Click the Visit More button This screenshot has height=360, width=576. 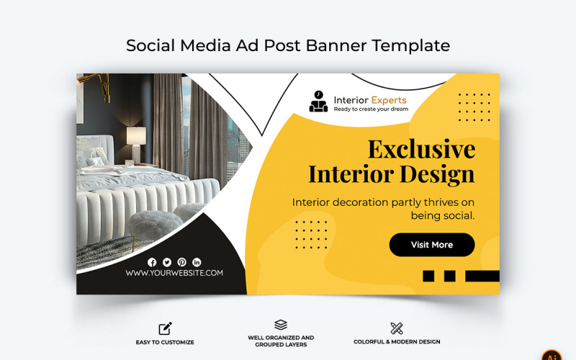coord(432,245)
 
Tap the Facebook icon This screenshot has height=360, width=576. coord(152,262)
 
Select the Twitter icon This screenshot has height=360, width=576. coord(167,262)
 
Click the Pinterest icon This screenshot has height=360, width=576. coord(181,262)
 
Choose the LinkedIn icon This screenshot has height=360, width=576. coord(197,262)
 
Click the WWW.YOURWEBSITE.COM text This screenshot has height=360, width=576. coord(174,273)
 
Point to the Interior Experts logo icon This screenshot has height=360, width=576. coord(318,101)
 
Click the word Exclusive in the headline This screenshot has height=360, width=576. coord(421,149)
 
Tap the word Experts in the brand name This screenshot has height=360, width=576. coord(389,99)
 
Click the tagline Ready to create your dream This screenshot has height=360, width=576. coord(371,109)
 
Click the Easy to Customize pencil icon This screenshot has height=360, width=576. coord(166,328)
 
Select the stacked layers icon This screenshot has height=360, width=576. coord(281,325)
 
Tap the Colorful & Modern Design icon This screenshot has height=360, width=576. coord(397,328)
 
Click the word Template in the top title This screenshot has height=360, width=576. coord(410,45)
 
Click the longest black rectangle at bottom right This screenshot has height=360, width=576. coord(482,276)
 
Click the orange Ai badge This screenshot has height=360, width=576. coord(552,355)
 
